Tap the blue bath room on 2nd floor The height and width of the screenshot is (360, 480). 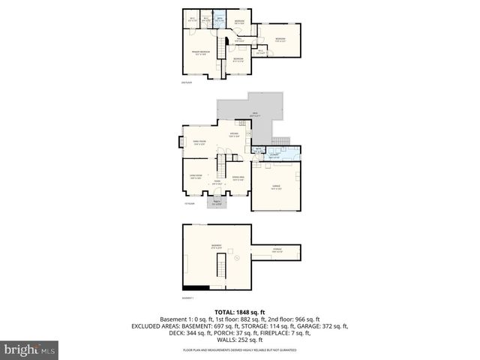tap(219, 19)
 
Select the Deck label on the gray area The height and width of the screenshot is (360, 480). tap(256, 115)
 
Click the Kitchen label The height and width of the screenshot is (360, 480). tap(234, 136)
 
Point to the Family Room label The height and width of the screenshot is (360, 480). tap(199, 144)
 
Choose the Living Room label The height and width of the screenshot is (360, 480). tap(195, 178)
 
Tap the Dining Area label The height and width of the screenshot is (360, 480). tap(238, 178)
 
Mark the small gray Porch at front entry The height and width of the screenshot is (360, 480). tap(217, 202)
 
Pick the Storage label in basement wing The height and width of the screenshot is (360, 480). tap(277, 251)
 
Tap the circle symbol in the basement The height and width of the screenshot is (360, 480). tap(238, 258)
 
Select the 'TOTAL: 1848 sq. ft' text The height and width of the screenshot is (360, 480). tap(240, 312)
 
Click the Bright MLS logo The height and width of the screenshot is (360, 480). tap(30, 349)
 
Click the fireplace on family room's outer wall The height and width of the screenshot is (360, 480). tap(179, 141)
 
